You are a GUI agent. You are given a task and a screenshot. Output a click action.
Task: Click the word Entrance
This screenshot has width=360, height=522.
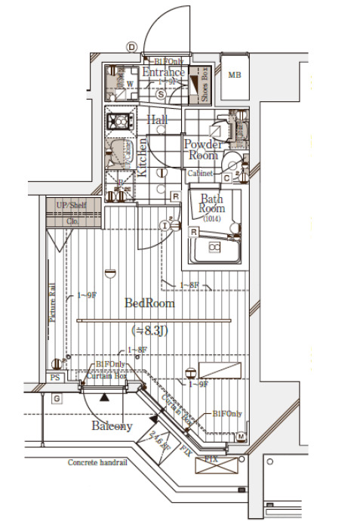[163, 73]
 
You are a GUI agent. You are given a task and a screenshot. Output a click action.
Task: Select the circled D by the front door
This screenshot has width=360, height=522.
[131, 47]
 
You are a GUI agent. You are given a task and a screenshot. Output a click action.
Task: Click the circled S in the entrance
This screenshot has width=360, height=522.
[162, 94]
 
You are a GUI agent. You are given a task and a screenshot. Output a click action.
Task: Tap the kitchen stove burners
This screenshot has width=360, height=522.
[118, 120]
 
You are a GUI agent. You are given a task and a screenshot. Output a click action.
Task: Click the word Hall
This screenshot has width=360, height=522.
[157, 119]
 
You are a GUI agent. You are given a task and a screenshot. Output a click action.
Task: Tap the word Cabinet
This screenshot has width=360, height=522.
[201, 173]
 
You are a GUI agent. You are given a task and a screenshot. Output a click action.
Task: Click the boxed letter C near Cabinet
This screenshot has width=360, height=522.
[226, 178]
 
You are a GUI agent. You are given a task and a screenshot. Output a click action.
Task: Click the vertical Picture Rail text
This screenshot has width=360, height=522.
[53, 302]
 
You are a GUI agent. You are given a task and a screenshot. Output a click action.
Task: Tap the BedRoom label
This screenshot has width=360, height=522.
[149, 303]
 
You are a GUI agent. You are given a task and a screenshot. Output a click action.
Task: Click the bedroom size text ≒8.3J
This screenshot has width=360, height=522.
[149, 330]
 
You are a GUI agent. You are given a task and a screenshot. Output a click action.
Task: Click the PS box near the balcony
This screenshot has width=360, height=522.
[54, 378]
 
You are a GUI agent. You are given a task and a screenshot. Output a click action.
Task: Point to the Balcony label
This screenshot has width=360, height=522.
[112, 426]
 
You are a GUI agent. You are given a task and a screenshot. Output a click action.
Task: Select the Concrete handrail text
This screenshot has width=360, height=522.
[97, 462]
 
